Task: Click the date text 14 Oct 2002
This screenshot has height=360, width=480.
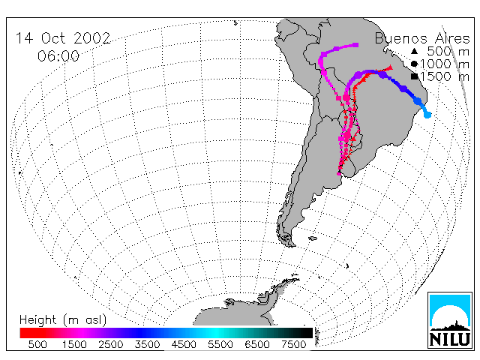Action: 63,38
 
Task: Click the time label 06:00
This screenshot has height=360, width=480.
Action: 58,56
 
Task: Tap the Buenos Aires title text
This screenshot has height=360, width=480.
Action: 422,38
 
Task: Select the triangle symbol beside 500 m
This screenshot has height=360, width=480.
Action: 414,52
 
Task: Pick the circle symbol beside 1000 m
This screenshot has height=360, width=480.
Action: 414,64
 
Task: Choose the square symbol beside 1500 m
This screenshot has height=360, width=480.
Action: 415,76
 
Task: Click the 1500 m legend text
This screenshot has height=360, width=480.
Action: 445,76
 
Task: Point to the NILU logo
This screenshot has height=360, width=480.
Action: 450,320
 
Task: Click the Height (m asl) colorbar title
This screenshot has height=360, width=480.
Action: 63,320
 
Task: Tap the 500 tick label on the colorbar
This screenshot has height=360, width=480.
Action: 37,344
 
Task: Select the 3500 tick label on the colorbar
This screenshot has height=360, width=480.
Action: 147,344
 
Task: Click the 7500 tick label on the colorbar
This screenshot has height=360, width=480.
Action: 293,344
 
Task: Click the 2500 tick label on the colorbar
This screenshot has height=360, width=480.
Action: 111,344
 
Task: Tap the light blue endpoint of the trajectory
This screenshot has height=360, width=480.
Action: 427,115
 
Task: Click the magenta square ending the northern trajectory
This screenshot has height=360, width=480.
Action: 356,45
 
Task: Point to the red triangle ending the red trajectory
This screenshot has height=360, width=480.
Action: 390,67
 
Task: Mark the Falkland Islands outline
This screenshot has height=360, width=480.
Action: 313,238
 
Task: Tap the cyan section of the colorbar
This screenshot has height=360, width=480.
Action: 215,333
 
